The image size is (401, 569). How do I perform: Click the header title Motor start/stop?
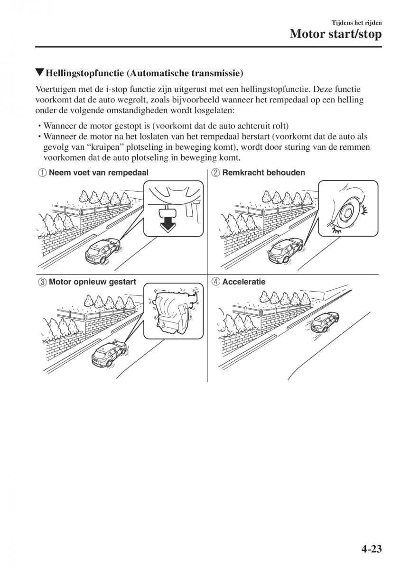pyautogui.click(x=335, y=34)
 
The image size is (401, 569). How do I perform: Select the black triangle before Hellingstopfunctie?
pyautogui.click(x=39, y=73)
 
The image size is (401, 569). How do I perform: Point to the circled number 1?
pyautogui.click(x=42, y=173)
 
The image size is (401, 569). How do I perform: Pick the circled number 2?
pyautogui.click(x=215, y=173)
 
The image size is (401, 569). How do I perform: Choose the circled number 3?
pyautogui.click(x=42, y=282)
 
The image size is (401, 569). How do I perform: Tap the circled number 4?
pyautogui.click(x=215, y=282)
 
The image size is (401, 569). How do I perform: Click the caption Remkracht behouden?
pyautogui.click(x=263, y=173)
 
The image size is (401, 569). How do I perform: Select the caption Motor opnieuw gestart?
pyautogui.click(x=93, y=282)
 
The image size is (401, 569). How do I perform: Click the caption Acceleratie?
pyautogui.click(x=244, y=282)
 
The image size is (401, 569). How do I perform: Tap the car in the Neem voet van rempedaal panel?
pyautogui.click(x=103, y=250)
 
